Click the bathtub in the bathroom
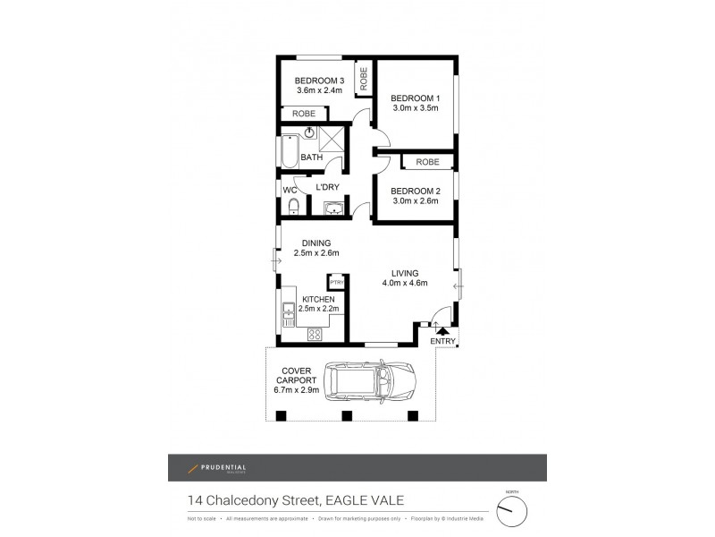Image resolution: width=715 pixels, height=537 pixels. [x=289, y=153]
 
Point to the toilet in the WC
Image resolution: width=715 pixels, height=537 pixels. [x=293, y=208]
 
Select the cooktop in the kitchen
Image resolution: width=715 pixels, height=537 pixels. [x=315, y=335]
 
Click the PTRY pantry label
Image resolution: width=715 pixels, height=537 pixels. [x=337, y=283]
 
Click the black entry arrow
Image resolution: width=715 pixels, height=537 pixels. [x=441, y=331]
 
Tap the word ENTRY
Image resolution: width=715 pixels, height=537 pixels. [x=443, y=342]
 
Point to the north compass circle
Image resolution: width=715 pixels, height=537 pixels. [x=512, y=510]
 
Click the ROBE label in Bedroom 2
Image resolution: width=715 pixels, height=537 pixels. [x=427, y=162]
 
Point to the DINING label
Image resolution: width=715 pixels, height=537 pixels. [x=316, y=243]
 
